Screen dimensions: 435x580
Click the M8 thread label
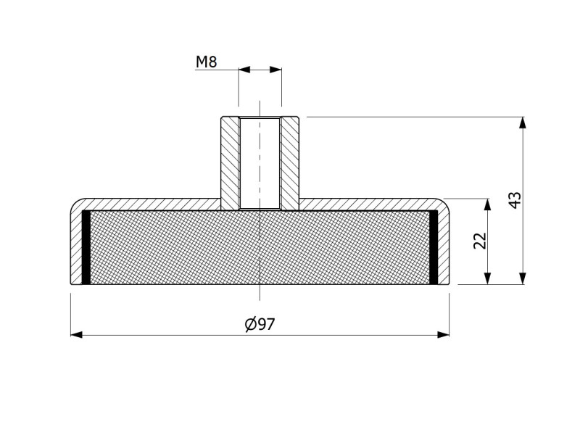(x=206, y=62)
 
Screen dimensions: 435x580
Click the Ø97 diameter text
(x=260, y=325)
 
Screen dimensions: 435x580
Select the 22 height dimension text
(x=479, y=241)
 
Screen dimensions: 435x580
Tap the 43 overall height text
(x=515, y=200)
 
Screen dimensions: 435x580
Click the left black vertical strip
(x=86, y=246)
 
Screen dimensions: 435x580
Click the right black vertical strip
(x=434, y=246)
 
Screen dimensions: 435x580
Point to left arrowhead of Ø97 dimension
(x=76, y=334)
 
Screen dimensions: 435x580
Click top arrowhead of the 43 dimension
(x=523, y=122)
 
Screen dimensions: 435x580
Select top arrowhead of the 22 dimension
(x=488, y=204)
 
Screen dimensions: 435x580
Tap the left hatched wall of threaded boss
(x=230, y=163)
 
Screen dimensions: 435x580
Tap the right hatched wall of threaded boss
(x=290, y=163)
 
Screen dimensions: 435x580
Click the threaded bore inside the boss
(x=260, y=163)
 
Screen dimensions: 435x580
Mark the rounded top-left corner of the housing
(x=76, y=204)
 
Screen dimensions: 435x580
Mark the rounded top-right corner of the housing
(x=444, y=204)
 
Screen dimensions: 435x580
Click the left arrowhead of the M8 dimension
(x=244, y=70)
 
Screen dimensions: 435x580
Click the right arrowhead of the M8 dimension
(x=275, y=70)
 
